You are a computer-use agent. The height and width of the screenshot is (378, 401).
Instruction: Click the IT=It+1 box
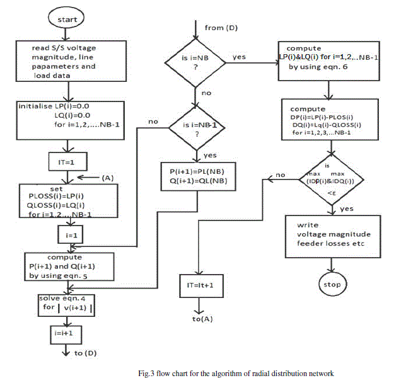coord(200,285)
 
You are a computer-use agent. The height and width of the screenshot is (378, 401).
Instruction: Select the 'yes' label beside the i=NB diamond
coord(240,56)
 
